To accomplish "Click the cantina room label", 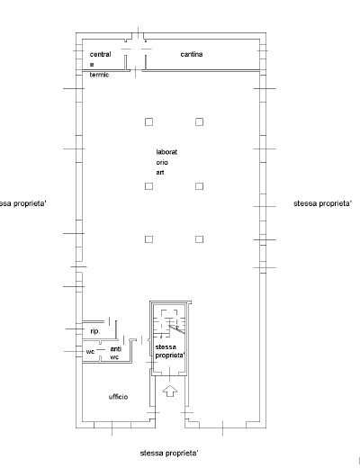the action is pyautogui.click(x=192, y=54).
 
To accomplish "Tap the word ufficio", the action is pyautogui.click(x=118, y=397).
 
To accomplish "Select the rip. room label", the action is pyautogui.click(x=94, y=331).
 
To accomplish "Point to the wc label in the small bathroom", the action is pyautogui.click(x=90, y=351).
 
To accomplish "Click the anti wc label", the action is pyautogui.click(x=115, y=353).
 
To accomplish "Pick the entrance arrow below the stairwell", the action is pyautogui.click(x=170, y=391).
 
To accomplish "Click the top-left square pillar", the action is pyautogui.click(x=148, y=121).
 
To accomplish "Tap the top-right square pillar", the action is pyautogui.click(x=199, y=121).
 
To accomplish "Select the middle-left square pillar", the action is pyautogui.click(x=148, y=186).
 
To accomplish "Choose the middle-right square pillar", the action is pyautogui.click(x=199, y=186).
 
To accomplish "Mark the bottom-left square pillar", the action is pyautogui.click(x=148, y=239).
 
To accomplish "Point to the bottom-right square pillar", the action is pyautogui.click(x=199, y=239).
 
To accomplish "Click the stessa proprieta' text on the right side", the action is pyautogui.click(x=322, y=203).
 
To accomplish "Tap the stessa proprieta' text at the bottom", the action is pyautogui.click(x=169, y=454).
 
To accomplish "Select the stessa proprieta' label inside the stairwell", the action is pyautogui.click(x=170, y=351).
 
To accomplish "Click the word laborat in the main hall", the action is pyautogui.click(x=166, y=152).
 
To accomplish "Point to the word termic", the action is pyautogui.click(x=99, y=75).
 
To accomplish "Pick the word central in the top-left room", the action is pyautogui.click(x=100, y=54).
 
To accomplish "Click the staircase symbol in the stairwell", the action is pyautogui.click(x=170, y=324).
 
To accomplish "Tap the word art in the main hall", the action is pyautogui.click(x=160, y=173).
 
